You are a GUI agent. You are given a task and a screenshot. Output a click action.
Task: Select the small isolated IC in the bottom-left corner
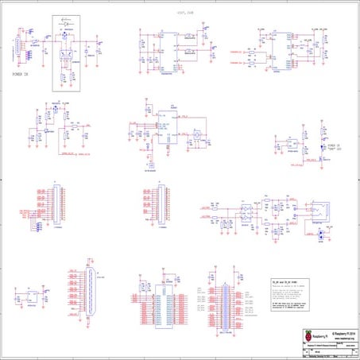tap(31, 298)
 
